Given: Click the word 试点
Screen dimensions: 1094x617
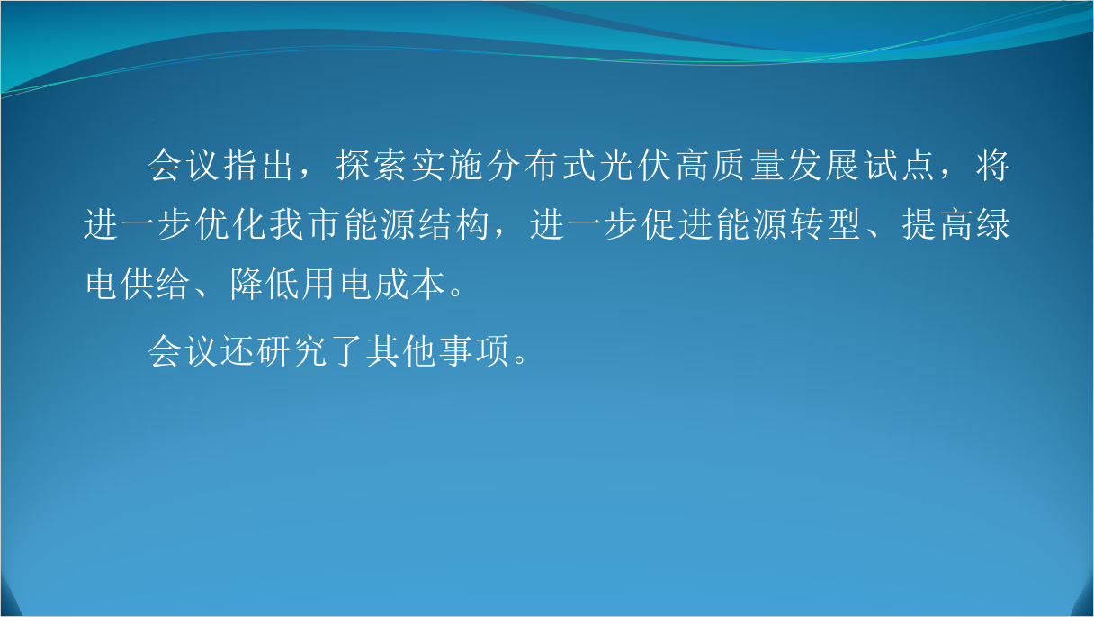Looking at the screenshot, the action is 899,165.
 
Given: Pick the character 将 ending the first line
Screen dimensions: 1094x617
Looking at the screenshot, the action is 993,165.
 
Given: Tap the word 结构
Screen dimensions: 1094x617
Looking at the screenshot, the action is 454,224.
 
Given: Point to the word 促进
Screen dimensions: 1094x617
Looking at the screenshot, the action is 677,224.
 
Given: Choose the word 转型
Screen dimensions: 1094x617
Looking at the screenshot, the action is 827,224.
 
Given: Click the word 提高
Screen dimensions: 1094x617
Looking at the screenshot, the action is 937,224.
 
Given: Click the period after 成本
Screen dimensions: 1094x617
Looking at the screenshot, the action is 456,292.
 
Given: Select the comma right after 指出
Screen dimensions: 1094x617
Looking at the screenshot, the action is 306,175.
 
